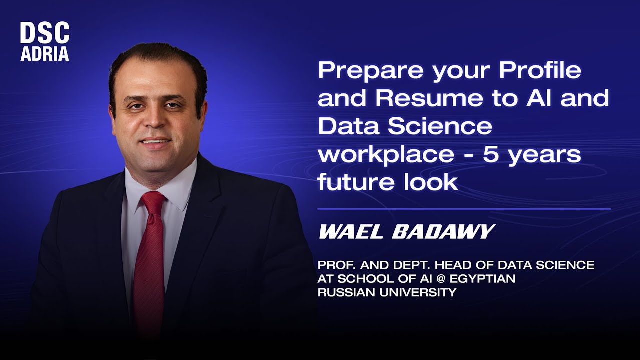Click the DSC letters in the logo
point(44,34)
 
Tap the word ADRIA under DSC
point(44,54)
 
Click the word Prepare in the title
point(370,72)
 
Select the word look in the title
point(433,182)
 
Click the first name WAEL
point(350,232)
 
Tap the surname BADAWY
point(443,232)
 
